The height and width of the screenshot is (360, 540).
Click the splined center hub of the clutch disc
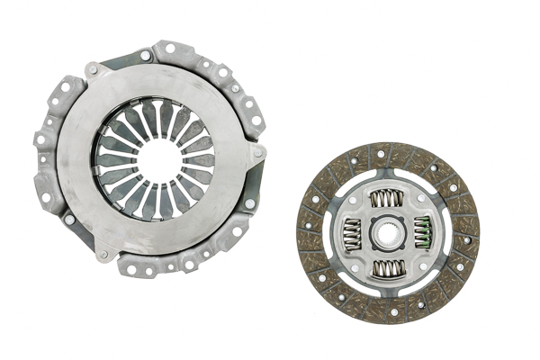(x=387, y=232)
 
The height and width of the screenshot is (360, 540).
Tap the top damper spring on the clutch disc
(x=388, y=197)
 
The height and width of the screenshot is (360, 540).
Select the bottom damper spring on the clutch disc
(x=388, y=267)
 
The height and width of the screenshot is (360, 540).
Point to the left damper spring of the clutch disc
(x=352, y=232)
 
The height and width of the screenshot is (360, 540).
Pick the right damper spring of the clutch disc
(x=423, y=232)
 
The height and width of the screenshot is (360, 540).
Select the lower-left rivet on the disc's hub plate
(x=358, y=262)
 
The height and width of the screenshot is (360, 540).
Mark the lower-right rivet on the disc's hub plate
(x=417, y=262)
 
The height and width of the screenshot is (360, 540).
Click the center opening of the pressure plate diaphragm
(x=157, y=158)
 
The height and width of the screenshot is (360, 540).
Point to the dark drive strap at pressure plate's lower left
(x=81, y=230)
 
